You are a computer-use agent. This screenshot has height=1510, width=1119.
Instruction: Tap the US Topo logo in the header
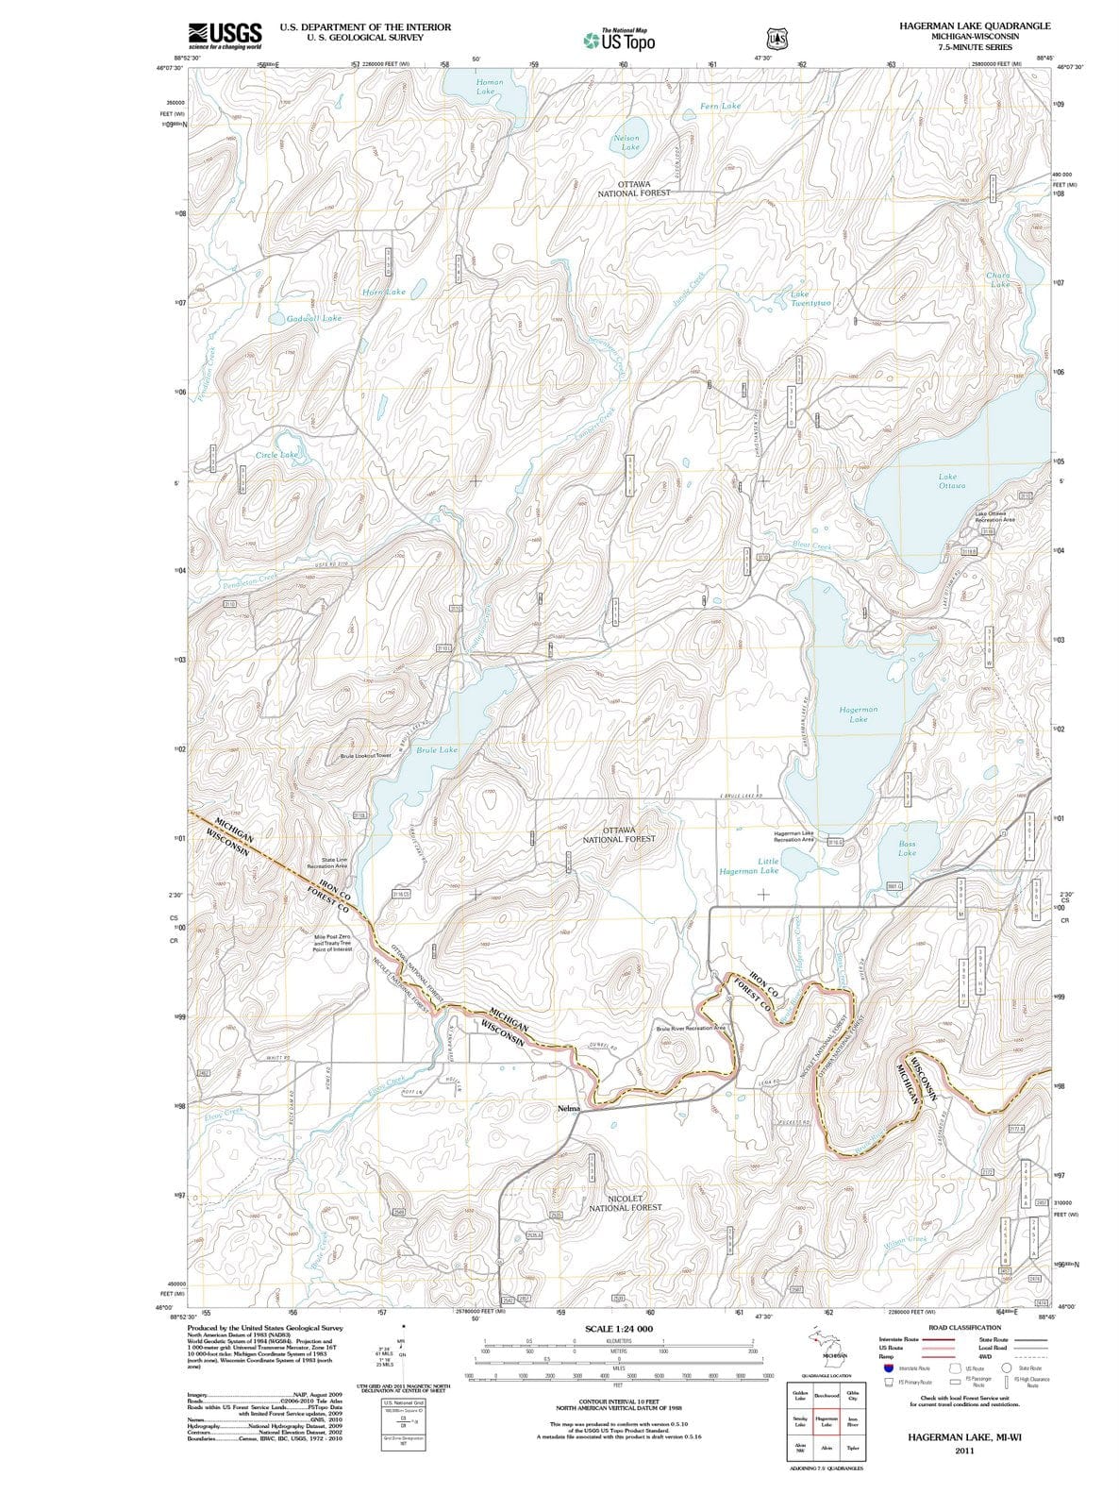point(620,41)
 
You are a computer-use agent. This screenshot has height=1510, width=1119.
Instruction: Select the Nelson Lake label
point(626,143)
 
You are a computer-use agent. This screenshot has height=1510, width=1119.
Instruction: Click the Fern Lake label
point(721,106)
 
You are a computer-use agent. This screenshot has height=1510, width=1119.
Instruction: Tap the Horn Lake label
point(384,292)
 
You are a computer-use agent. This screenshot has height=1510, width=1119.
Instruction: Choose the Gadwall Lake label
point(314,318)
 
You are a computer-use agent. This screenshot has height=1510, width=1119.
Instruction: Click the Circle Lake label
point(276,455)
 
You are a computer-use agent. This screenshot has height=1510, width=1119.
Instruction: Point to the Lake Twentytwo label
point(810,298)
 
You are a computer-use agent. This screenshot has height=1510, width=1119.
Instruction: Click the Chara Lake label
point(998,279)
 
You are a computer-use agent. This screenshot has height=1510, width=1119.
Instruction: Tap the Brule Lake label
point(437,749)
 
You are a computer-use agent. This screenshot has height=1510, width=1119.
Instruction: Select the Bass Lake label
point(907,847)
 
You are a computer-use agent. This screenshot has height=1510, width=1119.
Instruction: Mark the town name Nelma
point(569,1107)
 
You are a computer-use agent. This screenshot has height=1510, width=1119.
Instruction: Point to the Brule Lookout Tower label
point(366,756)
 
